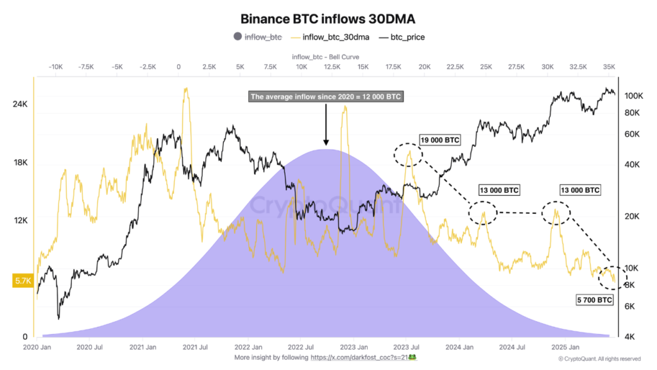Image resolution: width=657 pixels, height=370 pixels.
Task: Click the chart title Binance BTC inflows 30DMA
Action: point(328,19)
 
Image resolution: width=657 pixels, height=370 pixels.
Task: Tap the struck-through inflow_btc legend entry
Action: point(262,37)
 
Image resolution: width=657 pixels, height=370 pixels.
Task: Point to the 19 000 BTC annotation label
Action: point(441,139)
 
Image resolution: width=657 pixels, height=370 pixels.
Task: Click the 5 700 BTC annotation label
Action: point(594,300)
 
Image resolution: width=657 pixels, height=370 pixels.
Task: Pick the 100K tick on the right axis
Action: point(633,96)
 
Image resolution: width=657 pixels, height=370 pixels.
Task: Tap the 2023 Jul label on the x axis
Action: point(406,347)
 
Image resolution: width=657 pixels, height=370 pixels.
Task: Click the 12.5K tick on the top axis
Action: point(332,67)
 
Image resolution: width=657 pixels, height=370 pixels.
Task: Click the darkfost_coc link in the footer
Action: point(364,357)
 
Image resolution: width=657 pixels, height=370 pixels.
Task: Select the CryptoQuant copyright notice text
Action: point(599,358)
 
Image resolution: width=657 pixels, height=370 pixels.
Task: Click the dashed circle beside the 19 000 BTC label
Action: point(408,154)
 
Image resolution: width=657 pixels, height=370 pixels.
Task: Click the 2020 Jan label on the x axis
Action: point(38,347)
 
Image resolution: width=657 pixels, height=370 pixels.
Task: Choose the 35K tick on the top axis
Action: point(610,67)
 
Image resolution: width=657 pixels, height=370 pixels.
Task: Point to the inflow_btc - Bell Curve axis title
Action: point(328,56)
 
